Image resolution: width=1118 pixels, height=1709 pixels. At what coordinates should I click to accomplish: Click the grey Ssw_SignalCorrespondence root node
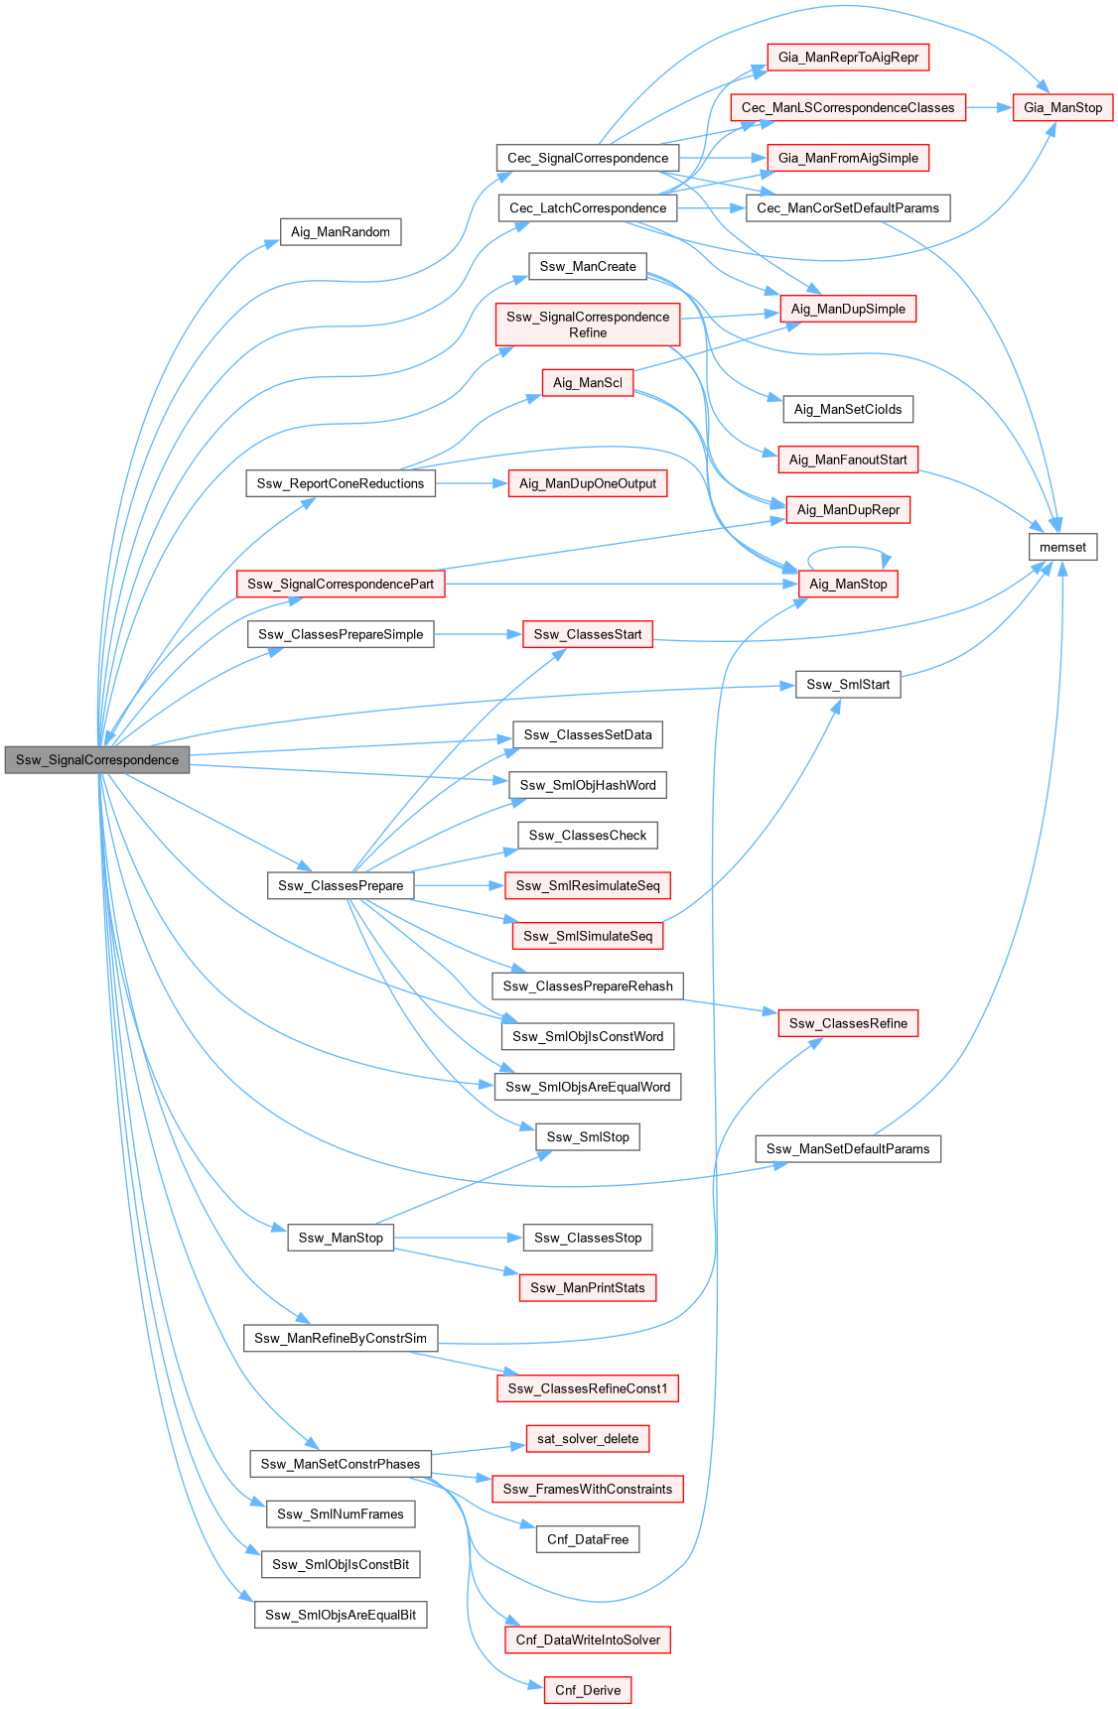(x=97, y=760)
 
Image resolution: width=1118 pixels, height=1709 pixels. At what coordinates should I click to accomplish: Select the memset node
(x=1062, y=547)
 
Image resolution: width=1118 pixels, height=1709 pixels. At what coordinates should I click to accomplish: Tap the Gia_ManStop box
(x=1062, y=107)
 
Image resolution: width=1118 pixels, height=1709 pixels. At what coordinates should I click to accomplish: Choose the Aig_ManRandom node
(x=341, y=232)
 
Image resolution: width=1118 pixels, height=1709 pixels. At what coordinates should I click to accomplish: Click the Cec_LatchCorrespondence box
(x=588, y=208)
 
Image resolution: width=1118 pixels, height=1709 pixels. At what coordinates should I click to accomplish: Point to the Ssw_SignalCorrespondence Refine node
(x=588, y=325)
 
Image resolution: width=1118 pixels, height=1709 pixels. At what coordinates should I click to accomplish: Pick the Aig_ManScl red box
(x=588, y=383)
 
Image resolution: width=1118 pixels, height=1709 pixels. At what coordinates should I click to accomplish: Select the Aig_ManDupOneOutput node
(x=588, y=483)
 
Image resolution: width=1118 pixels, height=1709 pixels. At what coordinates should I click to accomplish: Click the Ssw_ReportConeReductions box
(x=341, y=483)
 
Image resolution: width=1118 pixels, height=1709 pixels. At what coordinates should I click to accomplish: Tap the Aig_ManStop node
(x=848, y=584)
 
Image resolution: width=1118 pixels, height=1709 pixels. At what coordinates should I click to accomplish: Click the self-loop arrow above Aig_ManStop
(x=849, y=548)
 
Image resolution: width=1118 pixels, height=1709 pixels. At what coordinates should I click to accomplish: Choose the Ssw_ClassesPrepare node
(x=341, y=885)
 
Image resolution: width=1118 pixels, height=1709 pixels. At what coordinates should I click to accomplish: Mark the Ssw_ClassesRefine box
(x=848, y=1023)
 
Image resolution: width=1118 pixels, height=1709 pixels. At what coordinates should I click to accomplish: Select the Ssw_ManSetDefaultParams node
(x=848, y=1149)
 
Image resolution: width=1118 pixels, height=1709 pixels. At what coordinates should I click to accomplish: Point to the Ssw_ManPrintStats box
(x=588, y=1288)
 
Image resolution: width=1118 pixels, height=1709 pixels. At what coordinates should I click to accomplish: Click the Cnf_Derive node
(x=588, y=1690)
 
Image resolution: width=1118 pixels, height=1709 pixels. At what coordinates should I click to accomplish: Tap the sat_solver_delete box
(x=588, y=1439)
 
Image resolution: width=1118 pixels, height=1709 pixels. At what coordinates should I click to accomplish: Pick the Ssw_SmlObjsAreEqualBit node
(x=341, y=1615)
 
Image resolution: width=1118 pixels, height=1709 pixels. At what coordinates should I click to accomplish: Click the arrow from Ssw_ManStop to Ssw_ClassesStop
(x=457, y=1238)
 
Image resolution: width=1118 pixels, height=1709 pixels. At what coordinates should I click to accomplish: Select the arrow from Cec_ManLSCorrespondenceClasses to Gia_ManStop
(x=988, y=107)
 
